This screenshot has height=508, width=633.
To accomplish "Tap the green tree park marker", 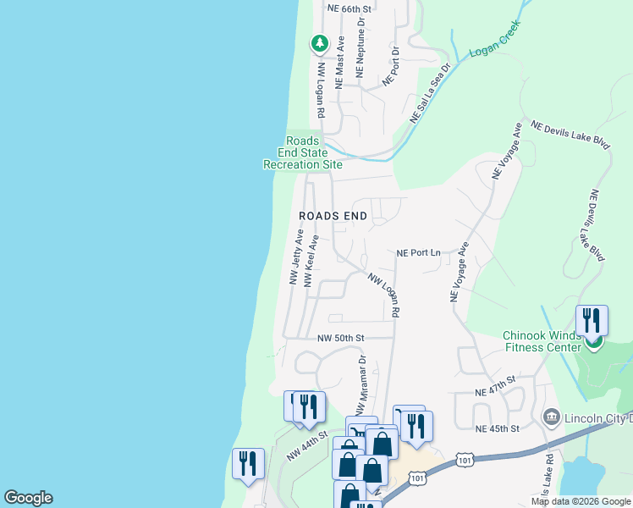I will [319, 42].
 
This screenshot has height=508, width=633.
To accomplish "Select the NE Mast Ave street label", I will [340, 62].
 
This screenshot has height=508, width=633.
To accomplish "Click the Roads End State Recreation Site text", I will [303, 153].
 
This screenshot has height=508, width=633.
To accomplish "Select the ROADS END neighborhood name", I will [333, 216].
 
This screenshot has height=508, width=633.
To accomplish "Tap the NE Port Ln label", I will [420, 252].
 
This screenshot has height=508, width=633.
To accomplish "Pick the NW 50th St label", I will [340, 338].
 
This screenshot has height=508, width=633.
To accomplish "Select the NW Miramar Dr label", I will [361, 386].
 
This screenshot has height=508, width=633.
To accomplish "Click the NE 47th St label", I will [495, 386].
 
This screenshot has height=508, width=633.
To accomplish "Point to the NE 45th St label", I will [497, 428].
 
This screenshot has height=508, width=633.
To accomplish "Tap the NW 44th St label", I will [305, 445].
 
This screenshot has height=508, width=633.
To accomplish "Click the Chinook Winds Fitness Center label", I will [540, 340].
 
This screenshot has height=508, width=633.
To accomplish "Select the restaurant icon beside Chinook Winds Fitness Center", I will [592, 320].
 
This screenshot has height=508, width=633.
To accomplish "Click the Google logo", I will [28, 498].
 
